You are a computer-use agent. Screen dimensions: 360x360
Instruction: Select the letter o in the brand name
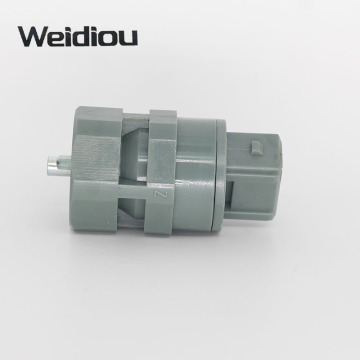(110, 39)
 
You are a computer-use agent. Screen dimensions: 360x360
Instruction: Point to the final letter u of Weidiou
(129, 39)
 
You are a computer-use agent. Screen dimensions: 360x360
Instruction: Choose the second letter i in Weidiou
(97, 36)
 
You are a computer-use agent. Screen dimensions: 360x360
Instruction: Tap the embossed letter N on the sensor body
(157, 195)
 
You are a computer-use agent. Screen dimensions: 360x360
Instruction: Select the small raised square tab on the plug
(257, 148)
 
